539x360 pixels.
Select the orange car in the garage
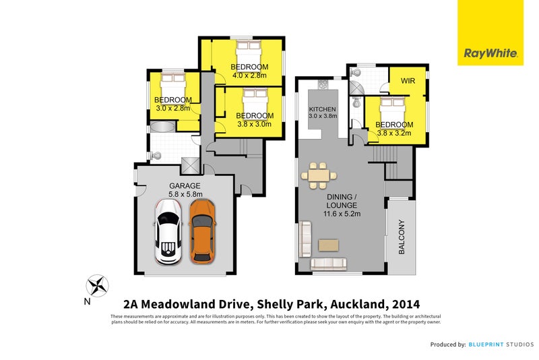coord(201,231)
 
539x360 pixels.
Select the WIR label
coord(408,81)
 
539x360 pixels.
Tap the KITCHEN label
coord(322,109)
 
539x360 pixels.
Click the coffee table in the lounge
coord(330,243)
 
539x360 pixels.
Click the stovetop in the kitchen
coord(322,86)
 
